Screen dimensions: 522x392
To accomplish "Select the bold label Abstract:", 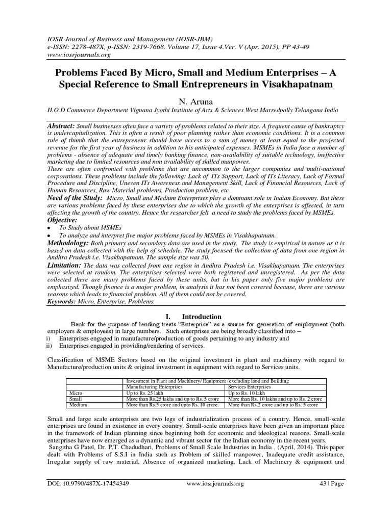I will [x=62, y=126].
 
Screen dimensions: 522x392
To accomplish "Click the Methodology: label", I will [x=70, y=244].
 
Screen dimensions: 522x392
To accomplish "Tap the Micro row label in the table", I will [x=75, y=394].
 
